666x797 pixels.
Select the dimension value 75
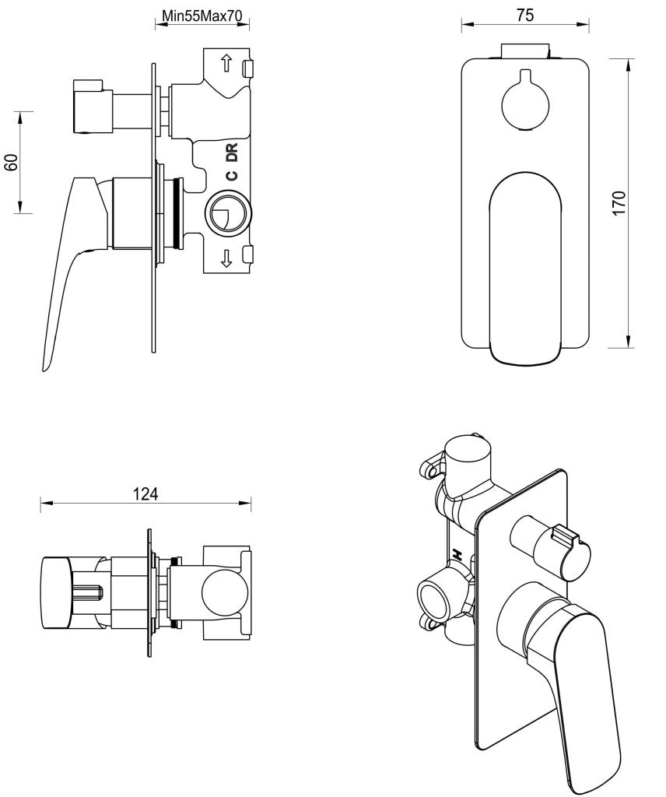[x=525, y=15]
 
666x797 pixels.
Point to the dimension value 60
[x=12, y=162]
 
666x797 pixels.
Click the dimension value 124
[x=145, y=493]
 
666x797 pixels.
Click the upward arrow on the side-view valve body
[x=226, y=64]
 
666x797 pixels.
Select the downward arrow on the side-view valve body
[x=226, y=258]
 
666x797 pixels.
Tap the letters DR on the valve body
[x=231, y=153]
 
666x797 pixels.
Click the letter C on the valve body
[x=231, y=175]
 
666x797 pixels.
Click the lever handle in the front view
[x=525, y=265]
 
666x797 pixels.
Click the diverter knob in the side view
[x=93, y=106]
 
